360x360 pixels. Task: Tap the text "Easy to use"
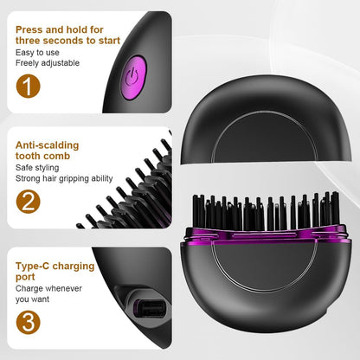38,53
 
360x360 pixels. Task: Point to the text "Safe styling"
40,167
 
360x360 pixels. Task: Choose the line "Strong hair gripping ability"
64,179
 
